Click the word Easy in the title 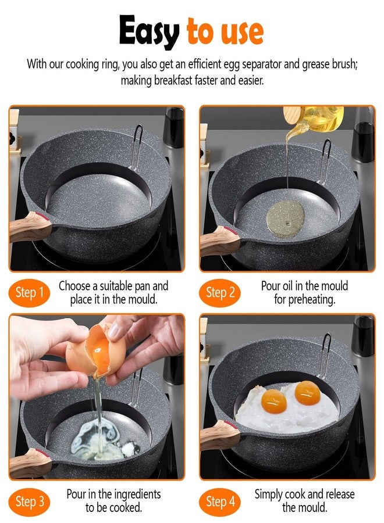[149, 32]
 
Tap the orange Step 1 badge [30, 293]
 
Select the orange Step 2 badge [220, 293]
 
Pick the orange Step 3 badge [30, 501]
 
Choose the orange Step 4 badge [220, 501]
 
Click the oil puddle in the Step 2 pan [286, 219]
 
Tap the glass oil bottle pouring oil [314, 120]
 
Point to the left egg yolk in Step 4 [274, 400]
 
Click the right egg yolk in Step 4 [308, 393]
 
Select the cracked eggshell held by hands [95, 350]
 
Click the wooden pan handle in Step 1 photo [30, 227]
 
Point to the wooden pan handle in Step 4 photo [220, 435]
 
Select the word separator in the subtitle [261, 64]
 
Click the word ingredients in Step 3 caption [137, 494]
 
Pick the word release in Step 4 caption [338, 494]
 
